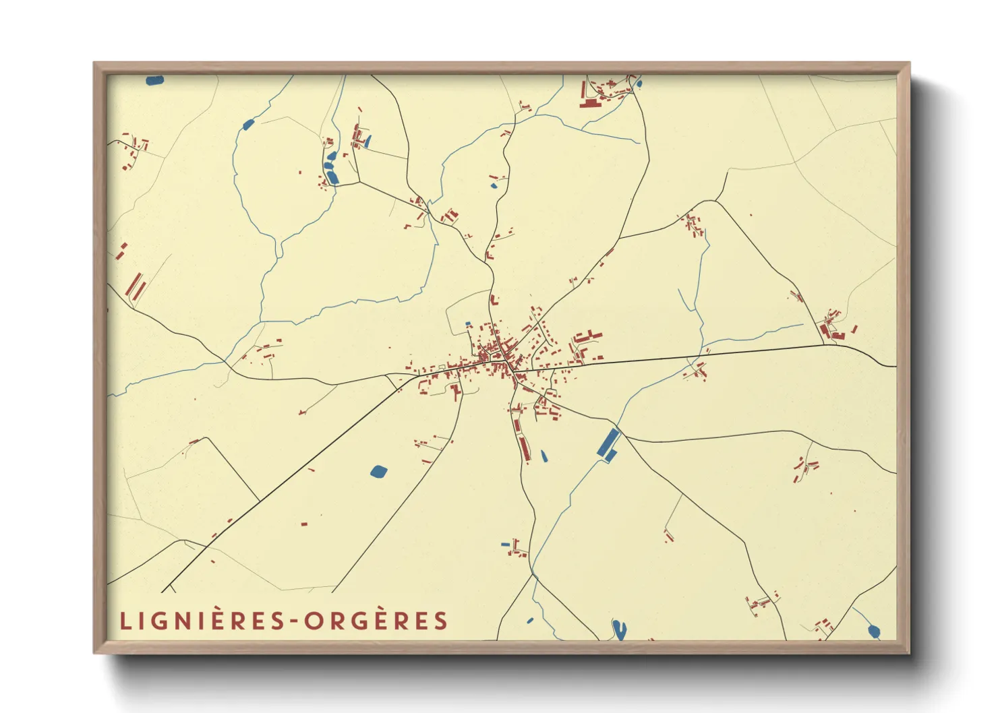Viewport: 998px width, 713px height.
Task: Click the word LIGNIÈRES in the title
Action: coord(203,621)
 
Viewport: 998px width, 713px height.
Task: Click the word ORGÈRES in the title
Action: coord(376,621)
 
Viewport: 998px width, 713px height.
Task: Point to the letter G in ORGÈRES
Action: coord(356,621)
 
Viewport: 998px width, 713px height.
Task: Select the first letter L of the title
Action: coord(125,621)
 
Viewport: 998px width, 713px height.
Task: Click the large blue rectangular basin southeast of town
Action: coord(608,445)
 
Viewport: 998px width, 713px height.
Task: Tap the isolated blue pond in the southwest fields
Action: coord(379,471)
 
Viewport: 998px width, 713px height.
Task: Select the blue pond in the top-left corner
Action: coord(154,80)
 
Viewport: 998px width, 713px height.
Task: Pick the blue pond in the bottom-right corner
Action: coord(874,631)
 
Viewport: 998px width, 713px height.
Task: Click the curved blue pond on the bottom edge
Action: coord(618,629)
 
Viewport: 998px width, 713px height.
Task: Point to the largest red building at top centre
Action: coord(589,104)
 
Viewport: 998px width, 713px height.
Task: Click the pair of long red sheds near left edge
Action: coord(137,286)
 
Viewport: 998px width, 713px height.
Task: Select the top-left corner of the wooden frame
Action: coord(95,64)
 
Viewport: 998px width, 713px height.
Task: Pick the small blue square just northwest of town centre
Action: coord(468,324)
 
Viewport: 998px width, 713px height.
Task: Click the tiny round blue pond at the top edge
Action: coord(639,84)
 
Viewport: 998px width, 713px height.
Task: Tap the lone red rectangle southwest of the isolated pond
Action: coord(303,524)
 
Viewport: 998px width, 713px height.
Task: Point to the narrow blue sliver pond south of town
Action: coord(544,456)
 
